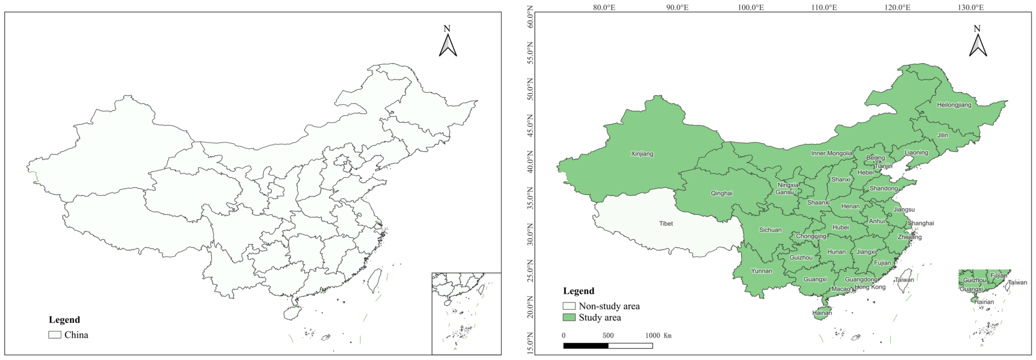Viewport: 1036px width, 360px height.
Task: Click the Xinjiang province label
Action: point(642,154)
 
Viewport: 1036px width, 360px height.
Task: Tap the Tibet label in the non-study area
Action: point(666,224)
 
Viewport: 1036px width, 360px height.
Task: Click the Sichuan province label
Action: point(770,230)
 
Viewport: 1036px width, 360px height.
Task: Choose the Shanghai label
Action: point(920,223)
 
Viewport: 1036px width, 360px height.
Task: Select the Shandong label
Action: point(883,188)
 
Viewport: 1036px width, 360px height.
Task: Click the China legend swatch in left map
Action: point(55,335)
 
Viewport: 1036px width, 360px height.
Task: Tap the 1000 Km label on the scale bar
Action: point(658,336)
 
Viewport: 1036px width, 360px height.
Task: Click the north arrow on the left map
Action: point(448,45)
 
